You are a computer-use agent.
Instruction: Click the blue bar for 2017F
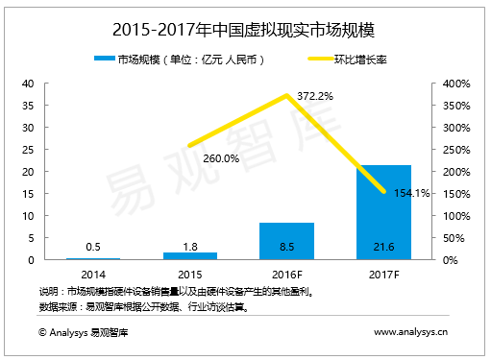(383, 212)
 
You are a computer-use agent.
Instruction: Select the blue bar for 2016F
(286, 241)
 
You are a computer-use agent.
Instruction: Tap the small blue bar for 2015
(189, 255)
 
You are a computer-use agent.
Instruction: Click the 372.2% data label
(313, 97)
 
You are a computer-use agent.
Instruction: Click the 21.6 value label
(383, 247)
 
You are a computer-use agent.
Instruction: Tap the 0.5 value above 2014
(92, 247)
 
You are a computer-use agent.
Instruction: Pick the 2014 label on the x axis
(92, 274)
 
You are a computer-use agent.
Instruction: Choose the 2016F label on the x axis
(286, 274)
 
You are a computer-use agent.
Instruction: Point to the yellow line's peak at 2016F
(286, 95)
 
